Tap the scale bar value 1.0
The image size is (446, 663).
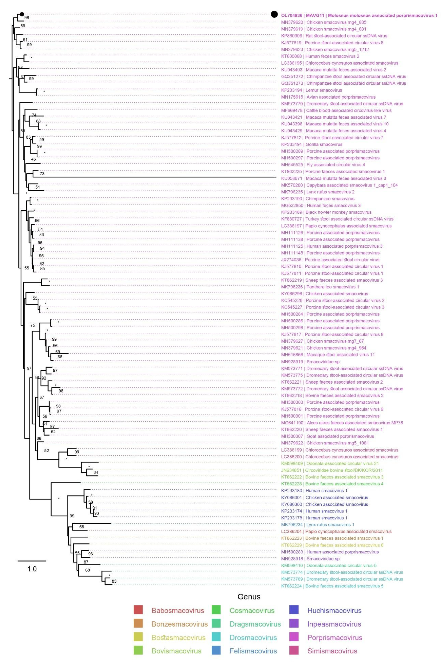pos(32,569)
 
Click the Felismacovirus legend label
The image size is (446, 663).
pos(253,651)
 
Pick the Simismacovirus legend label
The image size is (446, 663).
pos(332,651)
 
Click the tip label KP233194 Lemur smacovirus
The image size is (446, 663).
pos(312,90)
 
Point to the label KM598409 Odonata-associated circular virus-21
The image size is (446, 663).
pos(330,463)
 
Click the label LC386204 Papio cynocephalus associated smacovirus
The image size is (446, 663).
pos(336,531)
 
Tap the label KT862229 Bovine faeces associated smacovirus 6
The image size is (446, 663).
pos(332,545)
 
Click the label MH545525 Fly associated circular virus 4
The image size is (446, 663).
pos(323,165)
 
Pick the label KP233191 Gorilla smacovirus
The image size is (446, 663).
pos(312,144)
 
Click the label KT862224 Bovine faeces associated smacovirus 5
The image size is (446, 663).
pos(332,586)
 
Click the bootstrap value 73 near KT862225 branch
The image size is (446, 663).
pos(42,174)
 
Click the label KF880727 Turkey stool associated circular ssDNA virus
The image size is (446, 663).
pos(337,219)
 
